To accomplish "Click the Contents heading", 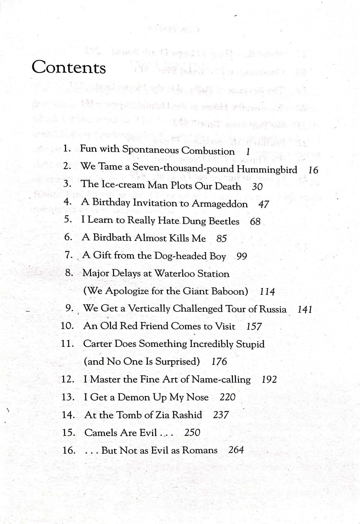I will pos(69,68).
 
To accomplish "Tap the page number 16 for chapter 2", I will pos(313,170).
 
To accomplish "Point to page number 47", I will pos(263,204).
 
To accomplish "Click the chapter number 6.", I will pos(68,237).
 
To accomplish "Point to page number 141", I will pos(305,309).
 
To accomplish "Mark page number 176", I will pos(219,362).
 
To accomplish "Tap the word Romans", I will pos(200,450).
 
